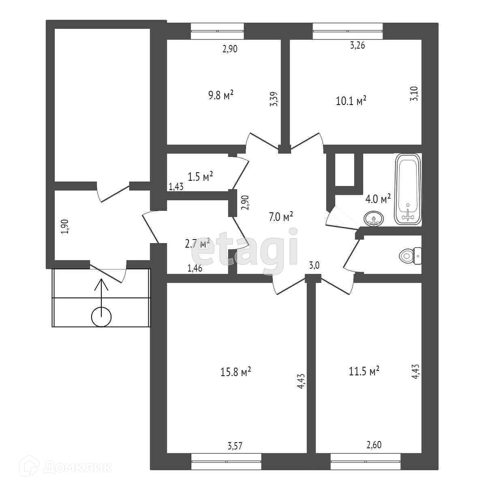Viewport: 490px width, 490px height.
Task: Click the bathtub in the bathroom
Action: tap(408, 189)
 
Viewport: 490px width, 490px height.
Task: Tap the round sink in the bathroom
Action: tap(374, 219)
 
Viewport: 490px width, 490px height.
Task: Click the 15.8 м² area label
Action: tap(235, 372)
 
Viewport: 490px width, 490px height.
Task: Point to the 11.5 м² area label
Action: tap(364, 370)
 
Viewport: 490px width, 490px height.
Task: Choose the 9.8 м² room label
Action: tap(221, 96)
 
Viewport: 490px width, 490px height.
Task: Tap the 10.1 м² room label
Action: tap(351, 100)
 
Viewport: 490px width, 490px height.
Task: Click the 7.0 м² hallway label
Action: tap(281, 217)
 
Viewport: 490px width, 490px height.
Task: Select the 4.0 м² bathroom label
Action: tap(378, 199)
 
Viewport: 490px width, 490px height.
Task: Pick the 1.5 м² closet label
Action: tap(200, 176)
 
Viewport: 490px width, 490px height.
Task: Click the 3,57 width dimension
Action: tap(235, 446)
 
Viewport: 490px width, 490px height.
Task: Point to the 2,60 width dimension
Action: tap(374, 445)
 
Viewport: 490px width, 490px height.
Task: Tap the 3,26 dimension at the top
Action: tap(357, 45)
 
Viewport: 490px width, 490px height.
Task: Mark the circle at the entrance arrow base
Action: tap(101, 317)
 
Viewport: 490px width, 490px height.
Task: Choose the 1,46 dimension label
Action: tap(195, 267)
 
